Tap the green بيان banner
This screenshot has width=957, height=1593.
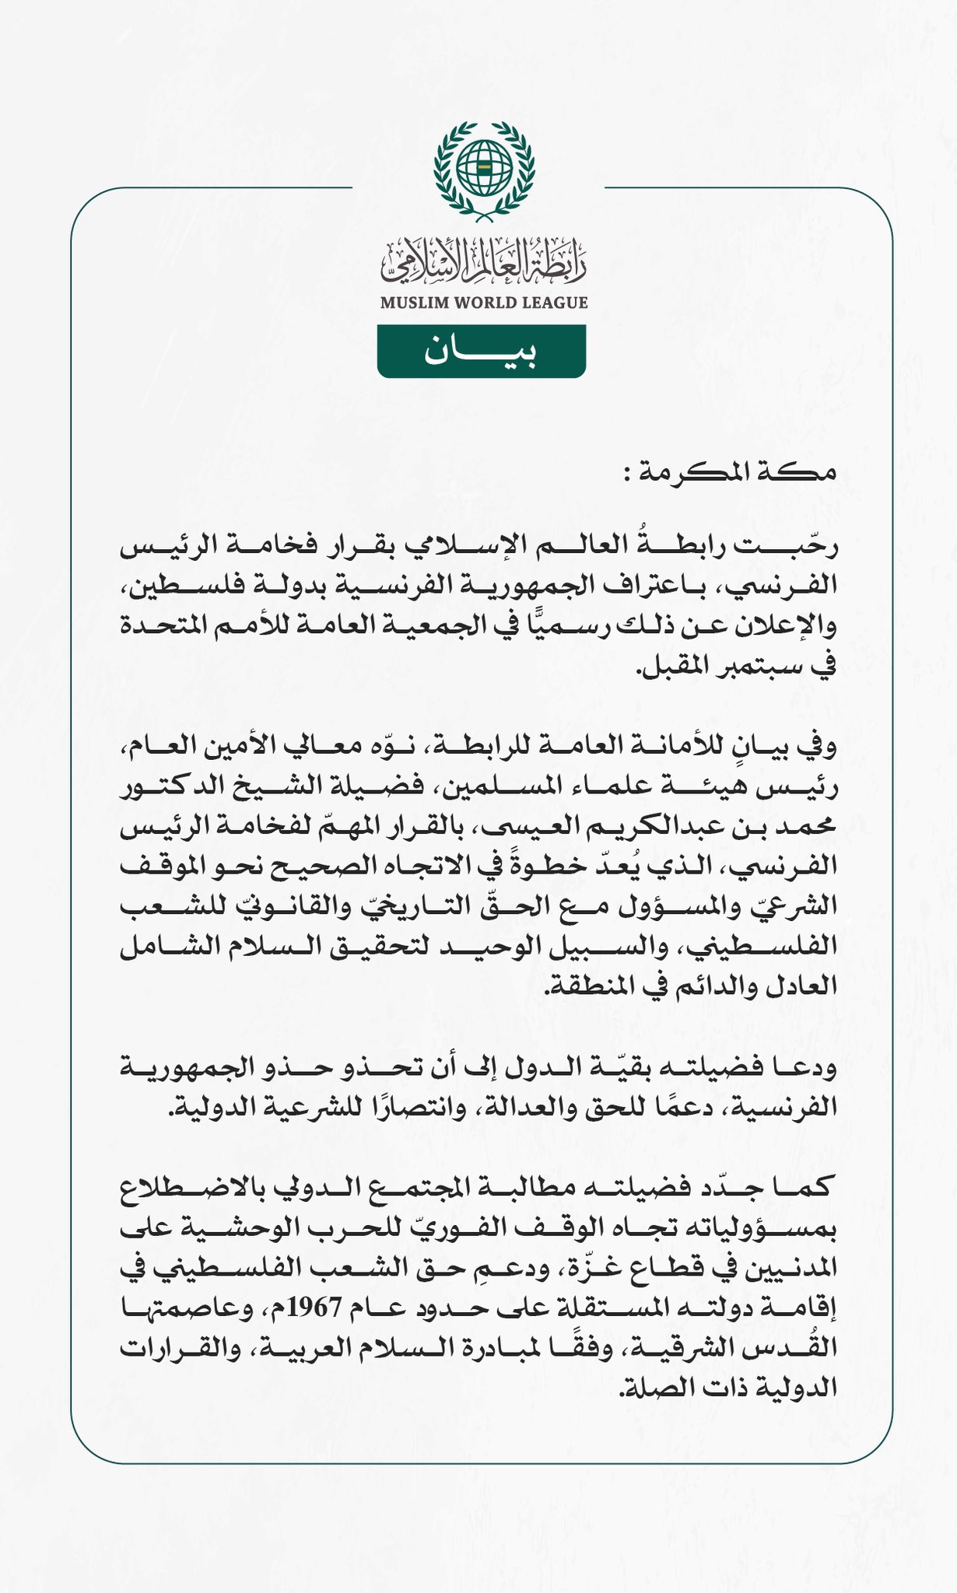[481, 352]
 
